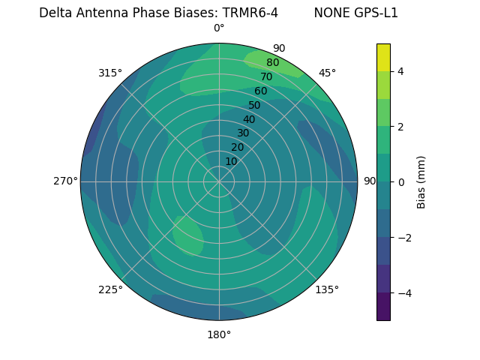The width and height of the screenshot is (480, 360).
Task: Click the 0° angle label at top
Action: pos(219,28)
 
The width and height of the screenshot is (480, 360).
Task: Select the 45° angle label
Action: pos(327,73)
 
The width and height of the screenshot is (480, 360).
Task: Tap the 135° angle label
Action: pos(327,289)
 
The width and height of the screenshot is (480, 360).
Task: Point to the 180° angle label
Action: pos(219,334)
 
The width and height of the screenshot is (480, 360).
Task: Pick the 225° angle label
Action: pos(110,290)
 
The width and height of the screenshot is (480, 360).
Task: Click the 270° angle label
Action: pos(65,181)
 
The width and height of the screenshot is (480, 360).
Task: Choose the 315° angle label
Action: pos(110,73)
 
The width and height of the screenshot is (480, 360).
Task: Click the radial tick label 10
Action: pos(231,161)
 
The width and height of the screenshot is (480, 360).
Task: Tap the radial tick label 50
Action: pos(254,106)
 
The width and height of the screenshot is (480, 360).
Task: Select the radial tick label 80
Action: pos(272,63)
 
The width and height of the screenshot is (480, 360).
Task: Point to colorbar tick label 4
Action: pos(401,71)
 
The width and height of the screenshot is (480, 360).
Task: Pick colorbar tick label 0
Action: pos(401,182)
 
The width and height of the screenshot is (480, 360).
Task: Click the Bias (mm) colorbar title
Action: pos(421,182)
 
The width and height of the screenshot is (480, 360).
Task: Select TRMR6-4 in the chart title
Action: pos(250,13)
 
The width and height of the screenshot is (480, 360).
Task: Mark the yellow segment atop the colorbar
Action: pos(383,58)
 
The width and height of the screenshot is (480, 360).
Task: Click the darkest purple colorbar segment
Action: pos(383,307)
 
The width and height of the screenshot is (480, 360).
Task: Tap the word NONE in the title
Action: pos(329,13)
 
